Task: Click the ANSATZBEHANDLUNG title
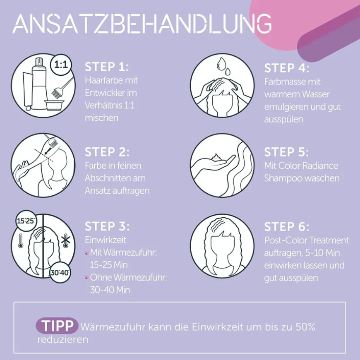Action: [142, 24]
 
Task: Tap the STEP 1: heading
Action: [107, 67]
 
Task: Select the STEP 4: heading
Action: [287, 68]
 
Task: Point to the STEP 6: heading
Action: [286, 227]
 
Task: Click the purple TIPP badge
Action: [57, 326]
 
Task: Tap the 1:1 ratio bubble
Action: [61, 65]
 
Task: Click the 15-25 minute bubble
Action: [26, 221]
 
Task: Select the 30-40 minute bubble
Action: [60, 273]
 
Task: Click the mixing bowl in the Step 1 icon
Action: [53, 106]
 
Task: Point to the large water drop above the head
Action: [221, 64]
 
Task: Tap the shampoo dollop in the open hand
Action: [215, 158]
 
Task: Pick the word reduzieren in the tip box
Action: [62, 339]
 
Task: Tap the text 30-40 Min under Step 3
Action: [110, 290]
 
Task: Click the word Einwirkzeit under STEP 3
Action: [106, 240]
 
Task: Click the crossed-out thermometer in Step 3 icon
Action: [66, 241]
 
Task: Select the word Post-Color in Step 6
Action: [284, 240]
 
